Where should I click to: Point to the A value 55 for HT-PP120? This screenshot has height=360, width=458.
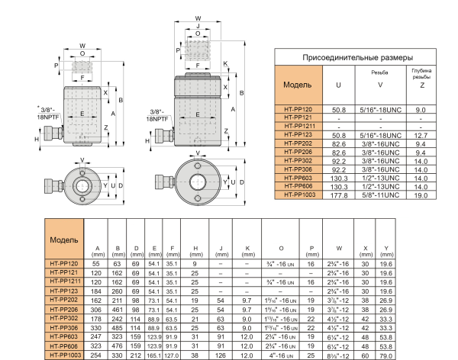(97, 263)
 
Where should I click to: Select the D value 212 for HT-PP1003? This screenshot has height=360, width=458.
(136, 355)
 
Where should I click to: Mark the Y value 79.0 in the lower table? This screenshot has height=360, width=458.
(387, 355)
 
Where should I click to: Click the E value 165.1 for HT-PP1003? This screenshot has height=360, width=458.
(154, 355)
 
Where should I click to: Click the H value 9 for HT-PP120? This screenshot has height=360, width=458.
(195, 263)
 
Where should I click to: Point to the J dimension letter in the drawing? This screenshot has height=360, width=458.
(198, 34)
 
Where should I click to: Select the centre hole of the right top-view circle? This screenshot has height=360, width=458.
(199, 182)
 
